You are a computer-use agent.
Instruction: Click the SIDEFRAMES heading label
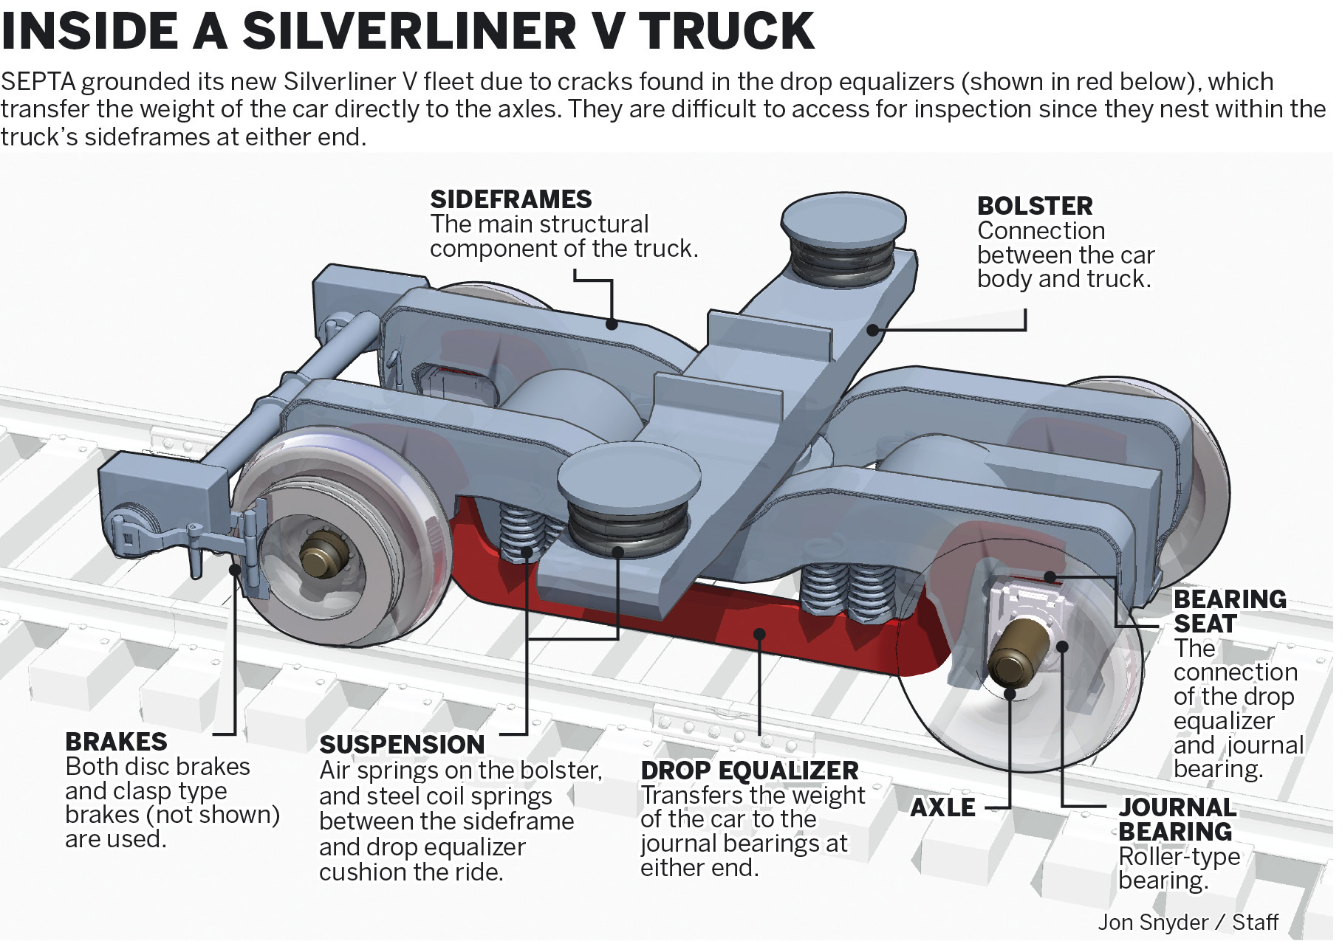pyautogui.click(x=510, y=199)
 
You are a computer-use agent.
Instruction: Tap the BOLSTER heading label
pyautogui.click(x=1034, y=206)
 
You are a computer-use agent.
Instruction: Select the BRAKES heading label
pyautogui.click(x=116, y=742)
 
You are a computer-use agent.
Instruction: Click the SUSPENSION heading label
pyautogui.click(x=402, y=745)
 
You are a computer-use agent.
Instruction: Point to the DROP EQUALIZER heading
pyautogui.click(x=749, y=771)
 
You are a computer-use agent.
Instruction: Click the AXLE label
pyautogui.click(x=942, y=807)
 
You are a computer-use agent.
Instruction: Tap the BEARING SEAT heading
pyautogui.click(x=1229, y=611)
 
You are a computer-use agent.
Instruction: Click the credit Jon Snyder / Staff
pyautogui.click(x=1187, y=923)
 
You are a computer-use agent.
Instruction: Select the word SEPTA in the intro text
pyautogui.click(x=38, y=81)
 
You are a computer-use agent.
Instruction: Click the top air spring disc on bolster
pyautogui.click(x=843, y=218)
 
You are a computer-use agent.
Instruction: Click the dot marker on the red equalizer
pyautogui.click(x=759, y=634)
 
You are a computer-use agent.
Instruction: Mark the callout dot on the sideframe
pyautogui.click(x=612, y=323)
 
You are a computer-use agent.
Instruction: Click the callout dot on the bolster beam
pyautogui.click(x=872, y=329)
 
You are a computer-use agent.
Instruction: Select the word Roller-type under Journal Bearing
pyautogui.click(x=1179, y=857)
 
